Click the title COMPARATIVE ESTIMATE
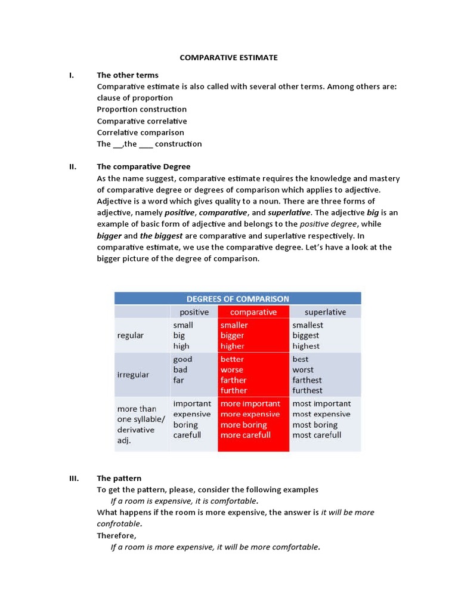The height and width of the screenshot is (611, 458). pos(229,58)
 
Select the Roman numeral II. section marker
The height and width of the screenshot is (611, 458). pos(73,166)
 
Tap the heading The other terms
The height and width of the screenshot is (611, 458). pos(128,75)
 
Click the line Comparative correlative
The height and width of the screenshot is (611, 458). pos(141,121)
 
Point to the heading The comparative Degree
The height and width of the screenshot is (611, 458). pos(144,166)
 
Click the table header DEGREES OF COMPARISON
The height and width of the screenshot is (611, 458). pos(237,298)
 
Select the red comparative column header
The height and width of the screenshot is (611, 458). pos(253,312)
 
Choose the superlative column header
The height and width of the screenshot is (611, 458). pos(325,312)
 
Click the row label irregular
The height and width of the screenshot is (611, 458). pos(133,375)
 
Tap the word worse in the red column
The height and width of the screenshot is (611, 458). pos(232,370)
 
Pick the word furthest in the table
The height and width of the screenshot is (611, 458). pos(307,390)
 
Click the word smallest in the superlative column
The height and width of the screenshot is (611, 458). pos(308,325)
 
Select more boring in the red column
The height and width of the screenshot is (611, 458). pos(243,425)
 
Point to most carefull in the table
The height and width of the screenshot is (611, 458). pos(317,435)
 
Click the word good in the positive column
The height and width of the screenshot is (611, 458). pos(183,359)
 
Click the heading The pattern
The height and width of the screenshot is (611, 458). pos(119,478)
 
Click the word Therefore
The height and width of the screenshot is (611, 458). pos(116,535)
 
